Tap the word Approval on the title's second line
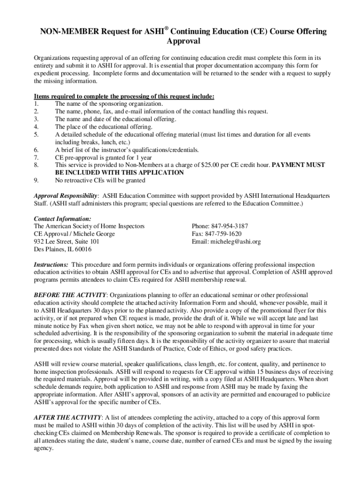183,42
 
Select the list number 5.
36,134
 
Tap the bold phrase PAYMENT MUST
298,165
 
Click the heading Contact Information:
63,218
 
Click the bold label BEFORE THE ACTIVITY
70,295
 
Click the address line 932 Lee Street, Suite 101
66,242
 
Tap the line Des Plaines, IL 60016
63,249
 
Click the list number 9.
36,180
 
